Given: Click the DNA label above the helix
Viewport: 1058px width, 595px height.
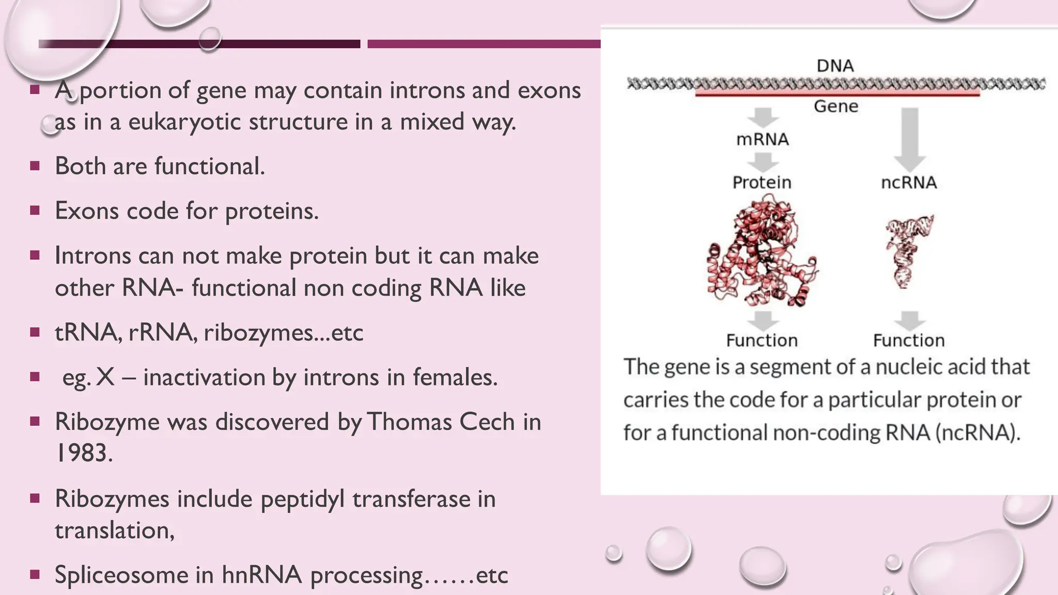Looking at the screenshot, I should (835, 66).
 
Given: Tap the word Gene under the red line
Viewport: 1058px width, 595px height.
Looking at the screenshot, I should (836, 106).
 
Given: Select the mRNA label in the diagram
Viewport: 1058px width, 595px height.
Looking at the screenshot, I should (763, 139).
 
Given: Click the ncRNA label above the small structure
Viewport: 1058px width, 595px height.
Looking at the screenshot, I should (909, 182).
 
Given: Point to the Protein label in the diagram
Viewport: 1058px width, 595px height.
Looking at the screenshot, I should (762, 182).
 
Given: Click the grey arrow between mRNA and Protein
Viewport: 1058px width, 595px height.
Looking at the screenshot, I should (763, 162).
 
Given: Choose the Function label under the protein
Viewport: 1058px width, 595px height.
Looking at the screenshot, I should (762, 340).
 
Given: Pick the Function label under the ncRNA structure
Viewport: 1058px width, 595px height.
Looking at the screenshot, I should (909, 340).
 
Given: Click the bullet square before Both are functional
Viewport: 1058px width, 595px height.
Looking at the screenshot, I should (35, 166).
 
